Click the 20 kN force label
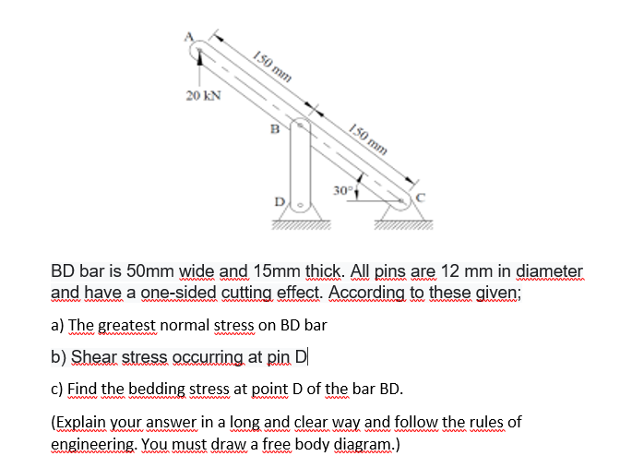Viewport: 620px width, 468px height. coord(203,95)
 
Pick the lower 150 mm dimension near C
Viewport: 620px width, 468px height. coord(368,138)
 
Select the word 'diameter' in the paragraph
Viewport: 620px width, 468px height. coord(550,271)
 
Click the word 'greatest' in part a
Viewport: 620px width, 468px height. coord(129,326)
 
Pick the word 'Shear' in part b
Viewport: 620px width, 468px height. coord(92,356)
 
